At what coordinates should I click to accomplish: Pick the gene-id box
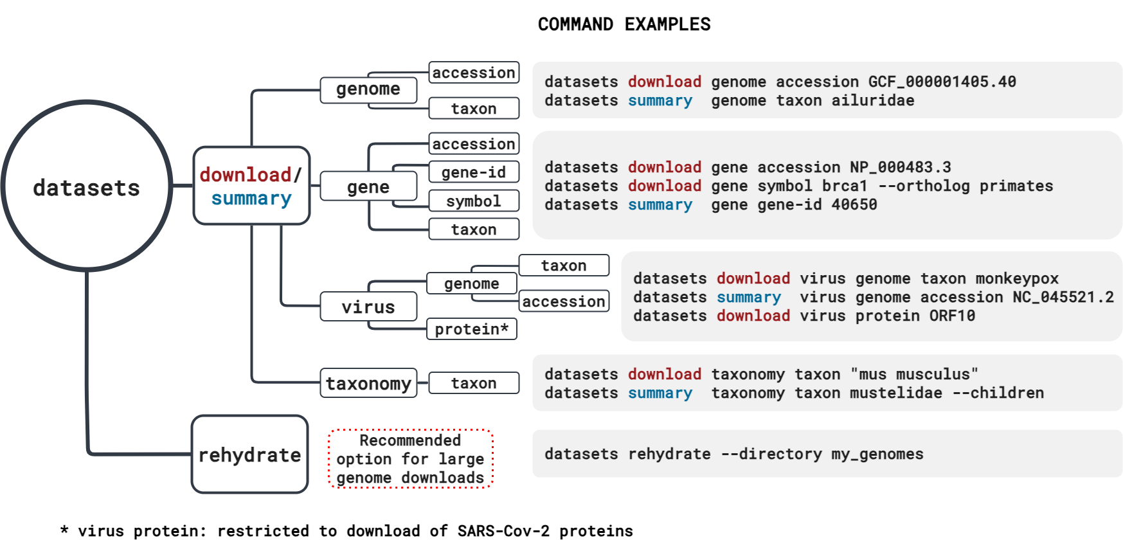click(x=474, y=172)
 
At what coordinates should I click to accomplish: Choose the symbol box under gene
click(x=474, y=201)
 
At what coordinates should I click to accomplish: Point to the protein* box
click(x=472, y=329)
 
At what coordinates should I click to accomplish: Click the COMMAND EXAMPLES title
click(x=624, y=24)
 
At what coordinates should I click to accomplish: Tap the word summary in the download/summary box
click(x=251, y=199)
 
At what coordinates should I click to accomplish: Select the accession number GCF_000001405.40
click(x=942, y=82)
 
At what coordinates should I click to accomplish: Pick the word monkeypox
click(x=1017, y=278)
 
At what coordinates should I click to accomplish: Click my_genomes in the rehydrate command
click(x=877, y=454)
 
